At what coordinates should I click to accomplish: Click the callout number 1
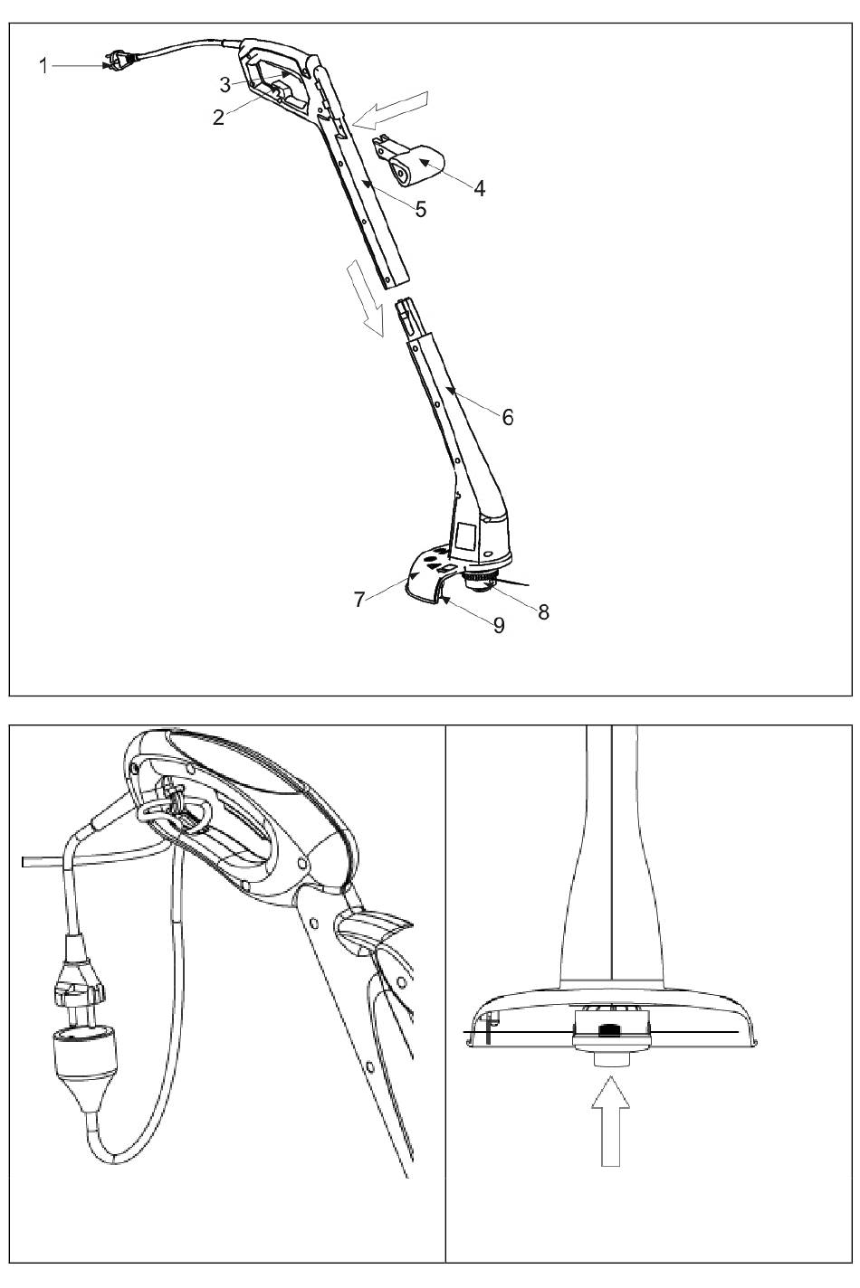click(43, 66)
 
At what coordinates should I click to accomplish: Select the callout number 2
click(218, 118)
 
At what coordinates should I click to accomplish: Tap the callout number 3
click(225, 84)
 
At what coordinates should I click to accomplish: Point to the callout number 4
click(480, 188)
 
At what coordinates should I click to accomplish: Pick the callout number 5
click(421, 209)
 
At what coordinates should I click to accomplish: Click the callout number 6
click(507, 417)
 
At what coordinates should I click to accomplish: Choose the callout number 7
click(359, 600)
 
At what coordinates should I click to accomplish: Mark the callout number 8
click(543, 612)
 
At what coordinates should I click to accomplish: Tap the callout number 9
click(499, 625)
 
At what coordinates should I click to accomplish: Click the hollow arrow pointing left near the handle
click(391, 109)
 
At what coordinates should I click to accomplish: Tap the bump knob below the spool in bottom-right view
click(611, 1058)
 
